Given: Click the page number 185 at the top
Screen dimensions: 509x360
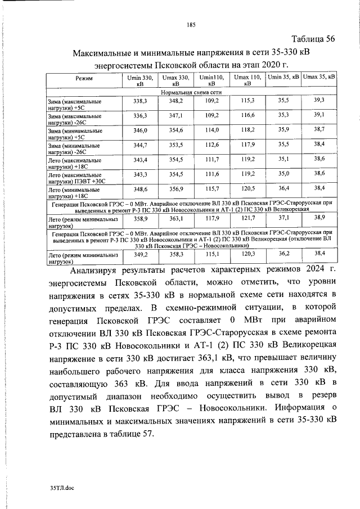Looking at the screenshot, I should (190, 24).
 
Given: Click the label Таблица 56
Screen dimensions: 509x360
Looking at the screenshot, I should (313, 39).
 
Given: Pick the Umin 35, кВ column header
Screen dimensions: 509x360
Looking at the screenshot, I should (283, 76).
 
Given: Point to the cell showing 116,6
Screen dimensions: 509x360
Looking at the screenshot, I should (247, 115).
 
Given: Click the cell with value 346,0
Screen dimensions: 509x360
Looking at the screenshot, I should (139, 130).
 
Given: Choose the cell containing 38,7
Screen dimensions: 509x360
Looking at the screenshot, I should (319, 129).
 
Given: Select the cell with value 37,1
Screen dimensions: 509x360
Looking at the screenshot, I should (283, 217).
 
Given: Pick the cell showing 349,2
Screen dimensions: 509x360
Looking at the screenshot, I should (139, 254).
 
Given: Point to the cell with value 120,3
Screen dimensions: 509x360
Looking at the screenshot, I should (247, 254).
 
